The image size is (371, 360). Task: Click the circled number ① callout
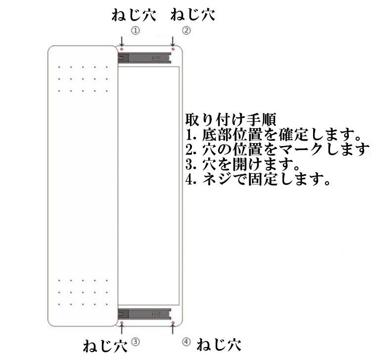click(136, 30)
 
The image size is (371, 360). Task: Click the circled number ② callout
click(186, 30)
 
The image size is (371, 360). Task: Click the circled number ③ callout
click(136, 341)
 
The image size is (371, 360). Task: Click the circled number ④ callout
click(186, 342)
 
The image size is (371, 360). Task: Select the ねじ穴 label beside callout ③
click(105, 344)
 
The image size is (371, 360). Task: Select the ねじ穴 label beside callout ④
click(218, 343)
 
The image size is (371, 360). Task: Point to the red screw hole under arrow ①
click(122, 49)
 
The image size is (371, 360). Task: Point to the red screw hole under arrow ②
click(173, 49)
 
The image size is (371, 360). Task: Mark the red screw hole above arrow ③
click(122, 323)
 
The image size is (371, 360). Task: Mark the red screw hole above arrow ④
click(173, 323)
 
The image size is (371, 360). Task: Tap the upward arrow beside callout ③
click(122, 331)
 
